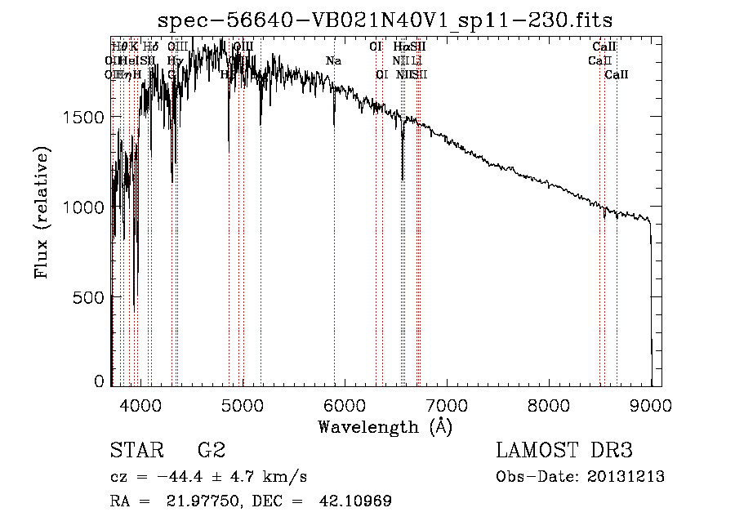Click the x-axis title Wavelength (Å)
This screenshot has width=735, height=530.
tap(385, 426)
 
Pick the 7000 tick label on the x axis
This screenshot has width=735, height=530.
tap(447, 405)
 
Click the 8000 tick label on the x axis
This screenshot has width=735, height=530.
tap(549, 405)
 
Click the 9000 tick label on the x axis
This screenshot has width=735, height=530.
tap(651, 405)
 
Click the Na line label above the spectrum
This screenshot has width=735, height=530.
tap(333, 61)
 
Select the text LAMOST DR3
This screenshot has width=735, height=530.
tap(564, 452)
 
